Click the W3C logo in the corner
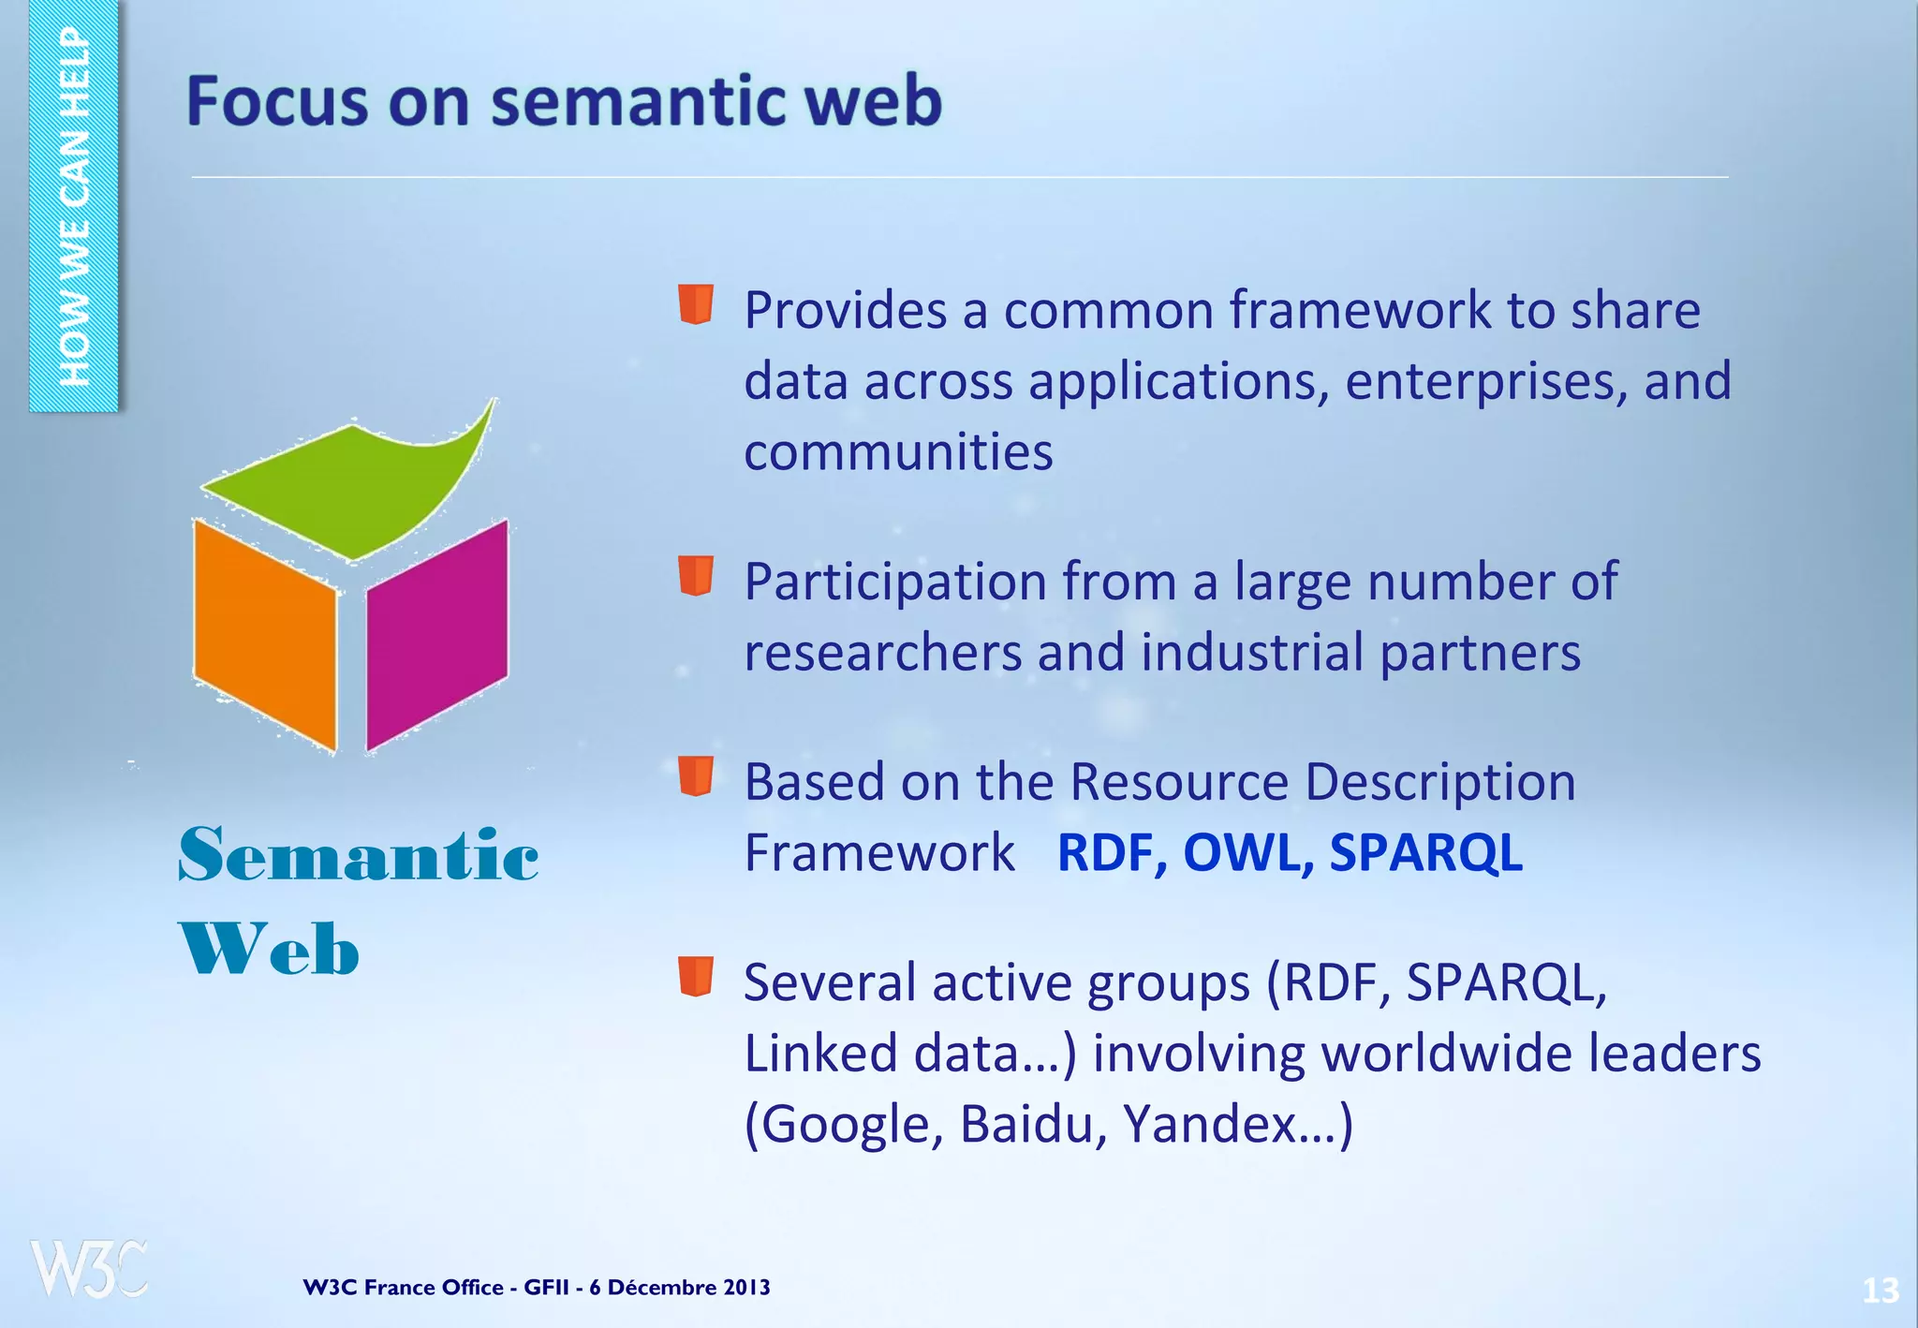89,1268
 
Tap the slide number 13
1880,1291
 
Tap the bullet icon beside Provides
696,304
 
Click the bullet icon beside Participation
696,575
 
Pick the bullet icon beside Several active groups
696,976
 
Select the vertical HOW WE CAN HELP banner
73,206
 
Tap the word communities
898,451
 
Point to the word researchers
882,652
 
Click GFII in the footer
546,1287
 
